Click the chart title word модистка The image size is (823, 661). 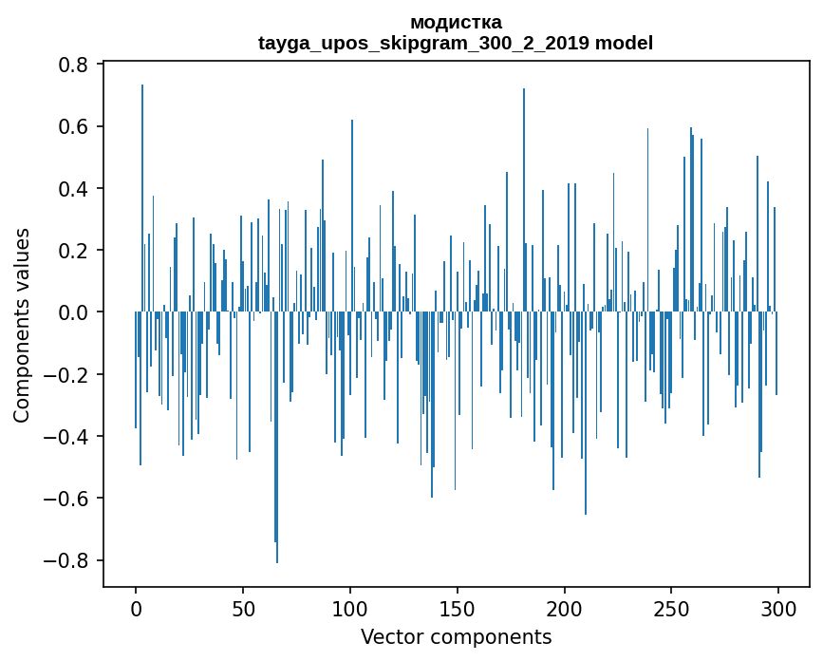456,22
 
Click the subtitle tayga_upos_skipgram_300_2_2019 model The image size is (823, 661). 456,43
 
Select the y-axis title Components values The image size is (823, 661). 21,325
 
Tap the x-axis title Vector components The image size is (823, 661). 456,636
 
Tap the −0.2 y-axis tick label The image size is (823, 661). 69,374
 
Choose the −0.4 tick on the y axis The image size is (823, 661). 69,437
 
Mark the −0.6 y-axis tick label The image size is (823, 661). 69,499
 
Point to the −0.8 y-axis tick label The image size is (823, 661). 69,560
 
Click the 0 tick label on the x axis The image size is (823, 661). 136,607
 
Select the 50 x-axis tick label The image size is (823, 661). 243,607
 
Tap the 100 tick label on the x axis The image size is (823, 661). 350,607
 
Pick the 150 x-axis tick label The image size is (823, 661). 458,607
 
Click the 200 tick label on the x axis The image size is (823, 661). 565,607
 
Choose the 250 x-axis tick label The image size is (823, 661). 671,607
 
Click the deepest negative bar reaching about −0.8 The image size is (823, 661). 277,475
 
